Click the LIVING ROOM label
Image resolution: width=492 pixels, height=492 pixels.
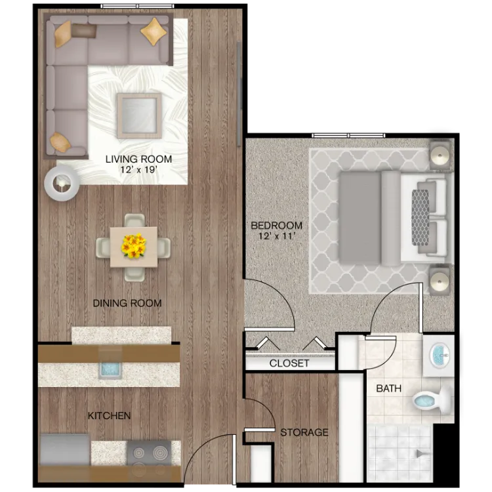pos(138,159)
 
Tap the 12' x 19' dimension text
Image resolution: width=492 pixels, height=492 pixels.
pos(138,170)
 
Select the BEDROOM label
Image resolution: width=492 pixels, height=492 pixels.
pos(276,225)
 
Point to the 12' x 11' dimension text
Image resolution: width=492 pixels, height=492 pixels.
pos(276,236)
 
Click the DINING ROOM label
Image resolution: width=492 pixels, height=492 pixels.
pos(127,303)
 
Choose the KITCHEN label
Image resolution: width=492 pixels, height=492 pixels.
pos(109,416)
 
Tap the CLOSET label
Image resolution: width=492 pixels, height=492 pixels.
pos(289,363)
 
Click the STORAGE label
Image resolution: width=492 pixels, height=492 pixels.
pos(304,432)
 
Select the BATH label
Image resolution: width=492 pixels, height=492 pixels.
pos(388,388)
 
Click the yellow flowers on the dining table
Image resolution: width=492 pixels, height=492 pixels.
pos(134,246)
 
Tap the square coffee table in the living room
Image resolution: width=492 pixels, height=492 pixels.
pos(139,115)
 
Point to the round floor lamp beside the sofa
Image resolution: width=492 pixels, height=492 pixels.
pos(62,183)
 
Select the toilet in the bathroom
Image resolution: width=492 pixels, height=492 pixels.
pos(432,400)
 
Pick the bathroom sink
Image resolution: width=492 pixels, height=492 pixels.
pos(440,356)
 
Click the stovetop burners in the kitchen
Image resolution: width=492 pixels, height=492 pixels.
pos(149,458)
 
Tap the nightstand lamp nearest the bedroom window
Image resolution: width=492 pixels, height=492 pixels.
pos(440,155)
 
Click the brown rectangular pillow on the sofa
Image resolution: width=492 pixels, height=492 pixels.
pos(83,31)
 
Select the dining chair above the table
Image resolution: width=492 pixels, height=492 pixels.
pos(134,220)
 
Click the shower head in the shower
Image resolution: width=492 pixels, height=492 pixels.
pos(420,453)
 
